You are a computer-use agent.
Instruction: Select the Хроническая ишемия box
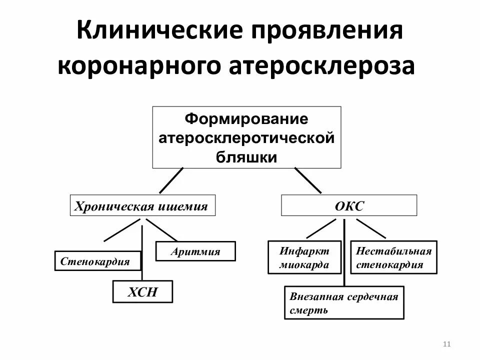pos(142,205)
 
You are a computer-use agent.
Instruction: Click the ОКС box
pos(348,205)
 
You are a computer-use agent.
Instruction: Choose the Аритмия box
pos(195,251)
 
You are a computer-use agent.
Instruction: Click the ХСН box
pos(142,291)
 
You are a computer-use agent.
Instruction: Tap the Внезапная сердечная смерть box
pos(344,303)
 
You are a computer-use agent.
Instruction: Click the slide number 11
pos(447,343)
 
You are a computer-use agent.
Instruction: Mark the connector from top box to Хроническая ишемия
pos(171,180)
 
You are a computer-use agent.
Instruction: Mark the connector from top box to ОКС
pos(308,180)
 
